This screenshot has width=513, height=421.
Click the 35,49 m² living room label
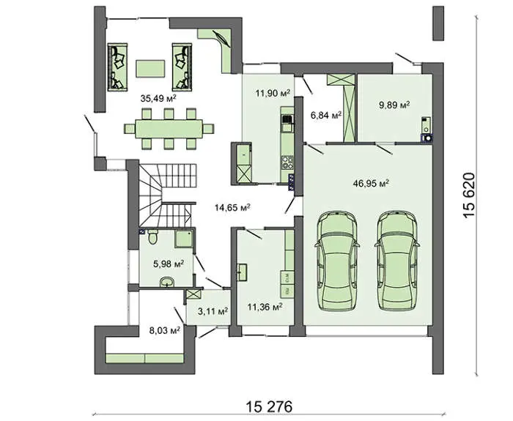pos(158,98)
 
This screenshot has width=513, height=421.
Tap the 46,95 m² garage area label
pos(371,183)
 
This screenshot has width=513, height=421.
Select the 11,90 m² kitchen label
pos(273,93)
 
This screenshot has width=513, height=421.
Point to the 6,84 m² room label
pos(326,116)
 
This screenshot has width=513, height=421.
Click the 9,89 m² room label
pos(394,105)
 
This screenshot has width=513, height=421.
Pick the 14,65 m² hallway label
pos(233,207)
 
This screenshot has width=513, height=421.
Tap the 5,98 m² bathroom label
pos(169,264)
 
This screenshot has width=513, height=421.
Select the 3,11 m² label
pos(213,311)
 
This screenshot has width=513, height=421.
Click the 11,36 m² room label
pos(265,308)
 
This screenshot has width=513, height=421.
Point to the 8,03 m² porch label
pos(165,330)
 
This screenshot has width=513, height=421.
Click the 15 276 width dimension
pos(269,407)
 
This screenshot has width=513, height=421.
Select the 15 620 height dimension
pos(468,195)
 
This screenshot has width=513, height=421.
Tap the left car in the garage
pos(337,261)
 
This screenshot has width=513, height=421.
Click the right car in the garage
pos(396,261)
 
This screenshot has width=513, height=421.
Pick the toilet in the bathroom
pos(152,236)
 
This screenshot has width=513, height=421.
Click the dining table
pos(169,129)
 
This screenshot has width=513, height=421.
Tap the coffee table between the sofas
pos(150,68)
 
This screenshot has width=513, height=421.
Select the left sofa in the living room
pos(117,67)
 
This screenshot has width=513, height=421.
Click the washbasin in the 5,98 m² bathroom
pos(168,282)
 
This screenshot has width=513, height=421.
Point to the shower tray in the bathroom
pos(185,239)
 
